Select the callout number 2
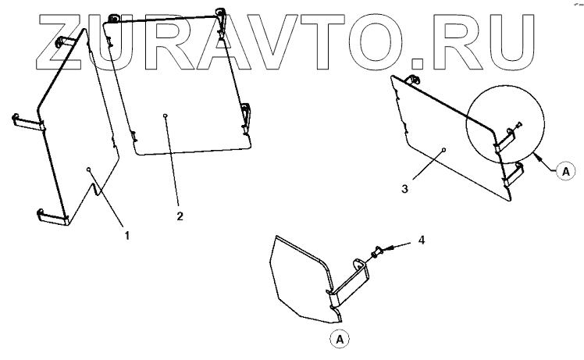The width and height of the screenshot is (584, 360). tap(180, 215)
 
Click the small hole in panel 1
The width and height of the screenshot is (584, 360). tap(90, 168)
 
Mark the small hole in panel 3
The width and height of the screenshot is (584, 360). tap(443, 148)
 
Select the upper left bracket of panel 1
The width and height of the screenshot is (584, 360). tap(28, 120)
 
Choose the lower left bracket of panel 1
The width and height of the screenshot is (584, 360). tap(52, 216)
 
